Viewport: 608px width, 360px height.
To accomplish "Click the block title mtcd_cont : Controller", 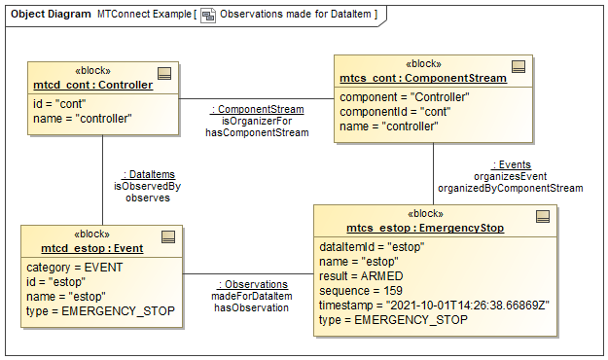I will (x=92, y=85).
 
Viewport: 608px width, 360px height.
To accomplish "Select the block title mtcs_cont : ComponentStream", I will (x=423, y=78).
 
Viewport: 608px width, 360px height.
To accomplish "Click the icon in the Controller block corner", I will (x=164, y=72).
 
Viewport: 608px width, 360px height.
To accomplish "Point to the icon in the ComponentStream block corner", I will (x=519, y=66).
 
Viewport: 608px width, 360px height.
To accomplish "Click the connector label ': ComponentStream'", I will (x=258, y=109).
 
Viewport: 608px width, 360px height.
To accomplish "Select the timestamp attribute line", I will (x=435, y=305).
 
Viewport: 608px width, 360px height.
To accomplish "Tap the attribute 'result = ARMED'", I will (x=361, y=276).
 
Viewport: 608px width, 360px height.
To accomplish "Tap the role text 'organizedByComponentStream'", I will (x=510, y=188).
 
